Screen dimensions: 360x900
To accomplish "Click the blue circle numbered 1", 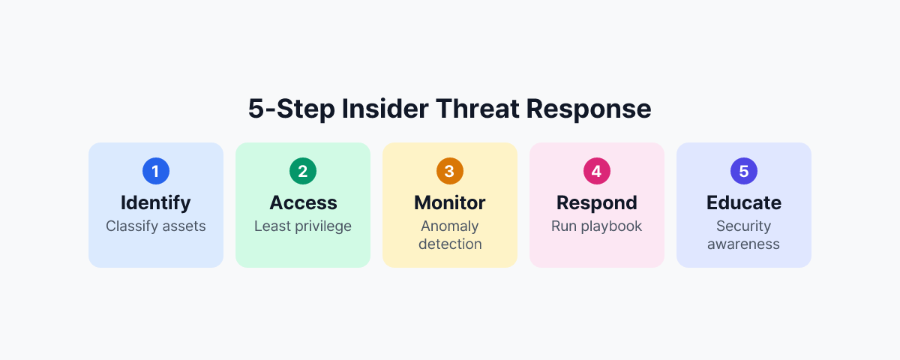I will tap(156, 172).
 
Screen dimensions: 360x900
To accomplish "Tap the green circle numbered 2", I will tap(303, 172).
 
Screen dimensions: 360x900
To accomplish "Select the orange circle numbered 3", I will tap(450, 172).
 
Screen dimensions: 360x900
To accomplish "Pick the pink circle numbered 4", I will tap(597, 172).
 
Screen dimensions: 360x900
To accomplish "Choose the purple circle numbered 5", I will tap(744, 172).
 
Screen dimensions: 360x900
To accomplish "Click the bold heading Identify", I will tap(156, 202).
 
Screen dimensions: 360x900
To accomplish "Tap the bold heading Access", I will tap(303, 202).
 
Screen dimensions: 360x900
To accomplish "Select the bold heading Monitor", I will tap(450, 202).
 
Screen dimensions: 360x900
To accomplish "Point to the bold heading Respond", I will tap(597, 202).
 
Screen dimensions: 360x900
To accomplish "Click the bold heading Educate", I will tap(744, 202).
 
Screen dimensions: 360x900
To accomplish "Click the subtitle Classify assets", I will tap(156, 226).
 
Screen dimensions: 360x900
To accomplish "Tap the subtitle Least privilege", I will tap(303, 226).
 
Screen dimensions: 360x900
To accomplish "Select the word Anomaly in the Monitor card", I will tap(450, 226).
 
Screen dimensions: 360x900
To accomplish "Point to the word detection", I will tap(450, 244).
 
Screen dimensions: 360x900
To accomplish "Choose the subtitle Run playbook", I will tap(597, 226).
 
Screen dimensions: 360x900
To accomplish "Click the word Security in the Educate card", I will tap(744, 226).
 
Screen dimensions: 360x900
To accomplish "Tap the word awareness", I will tap(744, 244).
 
